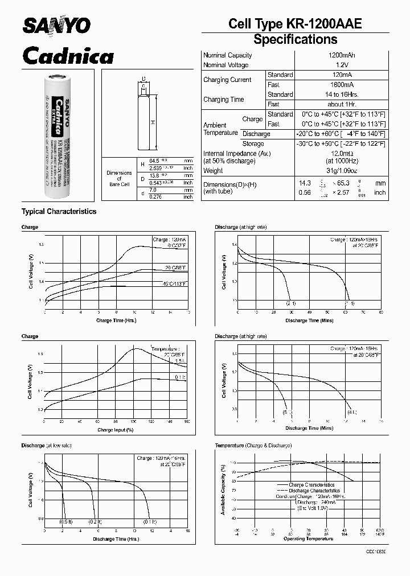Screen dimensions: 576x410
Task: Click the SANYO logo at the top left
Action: tap(56, 25)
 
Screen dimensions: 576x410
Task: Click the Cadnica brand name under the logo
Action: tap(67, 55)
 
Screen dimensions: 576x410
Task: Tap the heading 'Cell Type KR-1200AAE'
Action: tap(294, 23)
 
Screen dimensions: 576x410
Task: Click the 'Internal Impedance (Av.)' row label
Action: tap(236, 153)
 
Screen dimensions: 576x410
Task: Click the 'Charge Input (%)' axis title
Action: tap(113, 430)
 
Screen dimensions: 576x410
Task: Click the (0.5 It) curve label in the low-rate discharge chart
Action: tap(66, 522)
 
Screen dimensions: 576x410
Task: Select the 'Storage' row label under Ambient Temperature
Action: tap(255, 143)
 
